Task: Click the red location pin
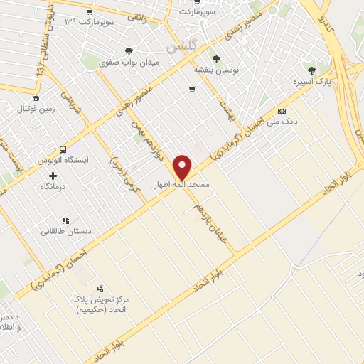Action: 183,166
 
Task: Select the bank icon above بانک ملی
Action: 282,112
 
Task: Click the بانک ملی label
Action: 282,122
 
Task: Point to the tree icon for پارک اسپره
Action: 311,70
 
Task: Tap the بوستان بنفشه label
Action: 215,70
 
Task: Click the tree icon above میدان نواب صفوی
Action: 128,51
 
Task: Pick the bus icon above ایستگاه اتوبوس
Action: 63,150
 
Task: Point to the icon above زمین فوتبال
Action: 36,98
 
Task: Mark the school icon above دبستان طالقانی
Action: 65,220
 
